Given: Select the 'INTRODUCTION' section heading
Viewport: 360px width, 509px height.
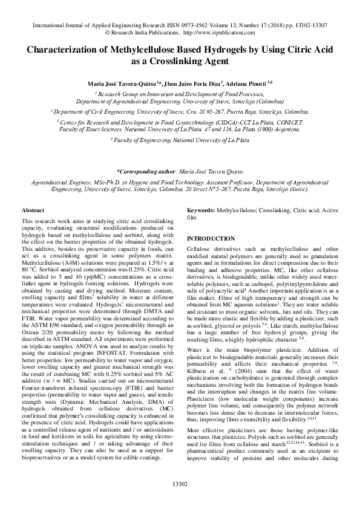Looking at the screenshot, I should coord(211,239).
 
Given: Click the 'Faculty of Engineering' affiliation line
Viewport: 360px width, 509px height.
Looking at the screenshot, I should coord(180,140).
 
